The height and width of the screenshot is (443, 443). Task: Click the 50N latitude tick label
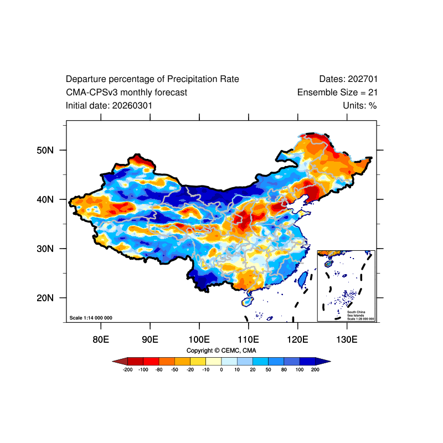pyautogui.click(x=45, y=150)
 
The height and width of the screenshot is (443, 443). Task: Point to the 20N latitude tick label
pyautogui.click(x=45, y=298)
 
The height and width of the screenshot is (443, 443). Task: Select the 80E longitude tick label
pyautogui.click(x=101, y=339)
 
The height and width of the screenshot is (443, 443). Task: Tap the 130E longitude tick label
pyautogui.click(x=347, y=339)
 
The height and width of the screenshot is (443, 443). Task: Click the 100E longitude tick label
pyautogui.click(x=199, y=339)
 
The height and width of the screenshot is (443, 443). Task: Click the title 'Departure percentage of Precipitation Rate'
pyautogui.click(x=152, y=79)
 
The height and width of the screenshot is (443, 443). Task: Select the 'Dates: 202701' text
pyautogui.click(x=348, y=79)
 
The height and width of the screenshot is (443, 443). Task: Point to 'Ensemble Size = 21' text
pyautogui.click(x=337, y=92)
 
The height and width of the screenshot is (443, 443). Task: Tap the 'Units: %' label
pyautogui.click(x=359, y=106)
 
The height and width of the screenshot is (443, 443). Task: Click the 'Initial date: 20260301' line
pyautogui.click(x=109, y=106)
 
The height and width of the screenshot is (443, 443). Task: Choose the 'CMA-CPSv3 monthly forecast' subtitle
pyautogui.click(x=126, y=92)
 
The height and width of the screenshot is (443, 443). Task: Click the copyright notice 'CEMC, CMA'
pyautogui.click(x=239, y=351)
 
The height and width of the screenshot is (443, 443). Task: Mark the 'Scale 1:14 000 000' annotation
pyautogui.click(x=91, y=318)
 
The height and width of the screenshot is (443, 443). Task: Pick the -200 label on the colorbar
pyautogui.click(x=128, y=369)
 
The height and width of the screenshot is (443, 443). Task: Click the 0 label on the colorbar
pyautogui.click(x=221, y=369)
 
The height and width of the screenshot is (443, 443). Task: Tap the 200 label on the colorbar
pyautogui.click(x=315, y=369)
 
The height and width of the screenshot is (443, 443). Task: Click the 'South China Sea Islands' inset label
pyautogui.click(x=356, y=313)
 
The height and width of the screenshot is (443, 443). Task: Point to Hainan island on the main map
pyautogui.click(x=246, y=302)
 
